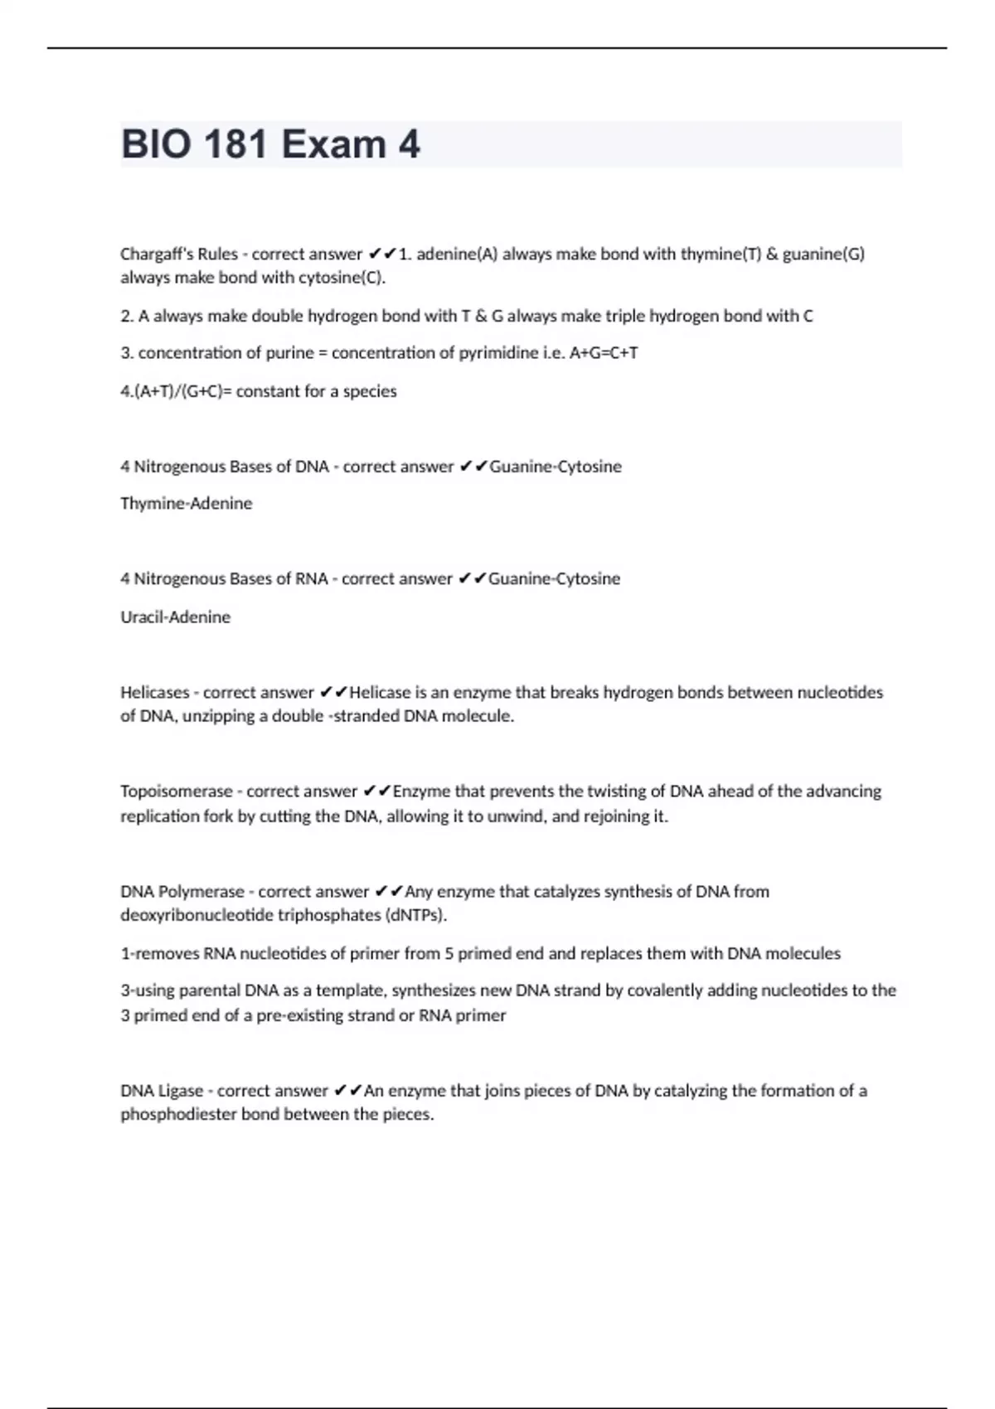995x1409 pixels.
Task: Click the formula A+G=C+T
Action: pyautogui.click(x=604, y=353)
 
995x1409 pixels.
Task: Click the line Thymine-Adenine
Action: pyautogui.click(x=186, y=504)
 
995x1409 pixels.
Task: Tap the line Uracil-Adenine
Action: pyautogui.click(x=175, y=617)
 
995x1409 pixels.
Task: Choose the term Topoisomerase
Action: pyautogui.click(x=176, y=792)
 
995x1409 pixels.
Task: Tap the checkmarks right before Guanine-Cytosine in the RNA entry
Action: pyautogui.click(x=472, y=579)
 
